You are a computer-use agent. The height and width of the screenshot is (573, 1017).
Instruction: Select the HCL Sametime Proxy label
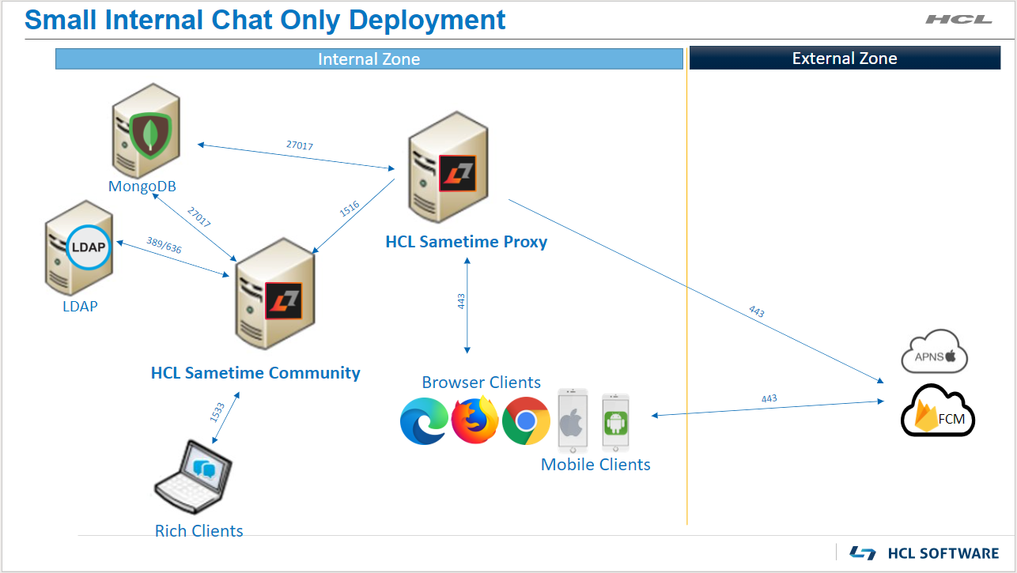(467, 242)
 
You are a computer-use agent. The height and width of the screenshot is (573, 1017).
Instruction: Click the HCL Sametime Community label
(255, 373)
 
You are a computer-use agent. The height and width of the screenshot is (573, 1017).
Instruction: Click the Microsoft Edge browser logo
(424, 420)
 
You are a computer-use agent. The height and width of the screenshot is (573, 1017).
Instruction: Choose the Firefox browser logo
(474, 420)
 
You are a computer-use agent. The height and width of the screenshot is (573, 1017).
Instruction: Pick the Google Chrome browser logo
(526, 420)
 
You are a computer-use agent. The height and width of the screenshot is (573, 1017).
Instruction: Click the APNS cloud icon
(935, 352)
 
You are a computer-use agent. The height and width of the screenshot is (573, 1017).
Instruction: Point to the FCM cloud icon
(938, 411)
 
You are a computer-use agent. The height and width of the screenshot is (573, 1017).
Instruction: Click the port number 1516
(350, 209)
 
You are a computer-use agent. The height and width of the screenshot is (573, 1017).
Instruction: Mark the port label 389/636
(164, 245)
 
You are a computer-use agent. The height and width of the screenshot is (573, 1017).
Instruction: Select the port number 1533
(217, 412)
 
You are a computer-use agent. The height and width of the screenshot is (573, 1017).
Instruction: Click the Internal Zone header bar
(369, 59)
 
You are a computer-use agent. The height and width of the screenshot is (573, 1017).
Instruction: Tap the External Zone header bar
(845, 58)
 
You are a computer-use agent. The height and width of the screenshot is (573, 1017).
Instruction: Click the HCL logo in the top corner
(958, 19)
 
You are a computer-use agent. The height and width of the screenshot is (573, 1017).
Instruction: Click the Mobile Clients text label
(595, 465)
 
